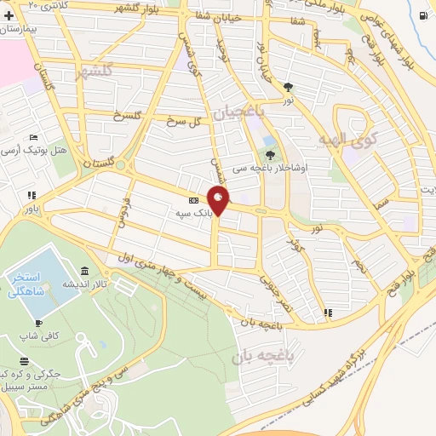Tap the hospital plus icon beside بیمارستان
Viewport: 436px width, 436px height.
pyautogui.click(x=9, y=16)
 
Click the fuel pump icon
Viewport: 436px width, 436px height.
pyautogui.click(x=424, y=14)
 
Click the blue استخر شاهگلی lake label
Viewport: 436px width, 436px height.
pyautogui.click(x=35, y=284)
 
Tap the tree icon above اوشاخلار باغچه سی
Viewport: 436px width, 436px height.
pyautogui.click(x=270, y=154)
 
